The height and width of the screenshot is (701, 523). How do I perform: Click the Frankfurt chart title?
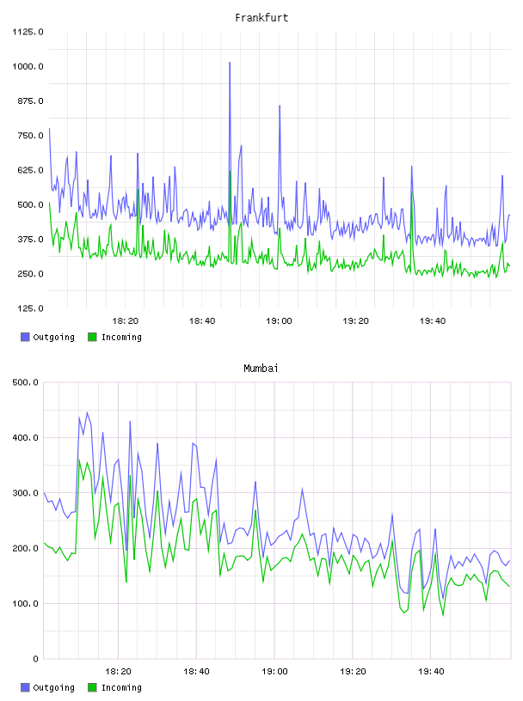[x=261, y=17]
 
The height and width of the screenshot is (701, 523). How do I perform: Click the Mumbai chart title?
[x=261, y=368]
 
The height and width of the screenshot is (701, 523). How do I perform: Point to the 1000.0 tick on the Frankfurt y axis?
[x=28, y=67]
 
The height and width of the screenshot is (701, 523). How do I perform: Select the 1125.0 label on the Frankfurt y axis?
[x=28, y=32]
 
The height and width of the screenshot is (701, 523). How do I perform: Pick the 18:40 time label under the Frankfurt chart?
[x=202, y=321]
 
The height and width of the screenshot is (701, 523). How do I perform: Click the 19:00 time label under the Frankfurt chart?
[x=279, y=321]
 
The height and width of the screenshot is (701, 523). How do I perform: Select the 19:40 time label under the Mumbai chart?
[x=431, y=672]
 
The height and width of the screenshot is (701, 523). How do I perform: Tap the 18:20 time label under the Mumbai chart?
[x=118, y=672]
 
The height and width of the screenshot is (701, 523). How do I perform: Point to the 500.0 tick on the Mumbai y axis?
[x=26, y=382]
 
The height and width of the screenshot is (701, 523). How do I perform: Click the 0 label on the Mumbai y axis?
[x=36, y=659]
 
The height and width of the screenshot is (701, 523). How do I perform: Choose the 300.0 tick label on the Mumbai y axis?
[x=26, y=493]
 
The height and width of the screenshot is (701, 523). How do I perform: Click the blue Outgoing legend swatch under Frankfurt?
[x=25, y=337]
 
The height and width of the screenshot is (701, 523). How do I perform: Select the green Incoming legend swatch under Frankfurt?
[x=92, y=337]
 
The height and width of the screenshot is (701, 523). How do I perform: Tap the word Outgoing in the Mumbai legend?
[x=53, y=687]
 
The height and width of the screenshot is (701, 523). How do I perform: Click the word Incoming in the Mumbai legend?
[x=121, y=687]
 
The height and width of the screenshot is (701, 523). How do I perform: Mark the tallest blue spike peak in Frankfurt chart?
[x=230, y=63]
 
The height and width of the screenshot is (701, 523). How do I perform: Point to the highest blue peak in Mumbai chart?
[x=87, y=412]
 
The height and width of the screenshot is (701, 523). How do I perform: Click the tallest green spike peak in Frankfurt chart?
[x=230, y=171]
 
